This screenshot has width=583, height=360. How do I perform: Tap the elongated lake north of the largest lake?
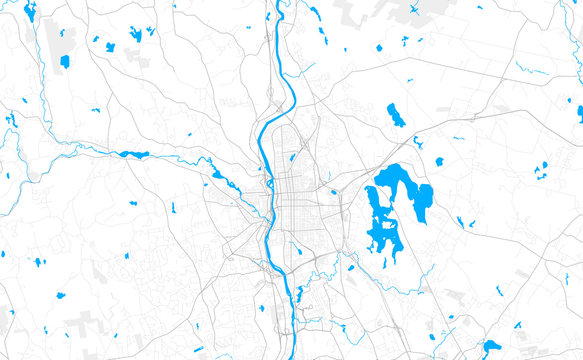point(396,115)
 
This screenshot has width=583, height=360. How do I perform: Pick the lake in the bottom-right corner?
point(490,347)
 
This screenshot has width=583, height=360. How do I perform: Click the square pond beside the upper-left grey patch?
point(65,61)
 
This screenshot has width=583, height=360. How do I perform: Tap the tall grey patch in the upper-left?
point(52,40)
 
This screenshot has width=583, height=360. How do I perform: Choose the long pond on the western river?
point(134,155)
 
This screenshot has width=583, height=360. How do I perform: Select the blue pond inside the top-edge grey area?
point(415,10)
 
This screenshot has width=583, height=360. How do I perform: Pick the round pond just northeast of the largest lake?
point(439,161)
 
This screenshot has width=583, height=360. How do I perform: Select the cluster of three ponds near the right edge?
point(541,169)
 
